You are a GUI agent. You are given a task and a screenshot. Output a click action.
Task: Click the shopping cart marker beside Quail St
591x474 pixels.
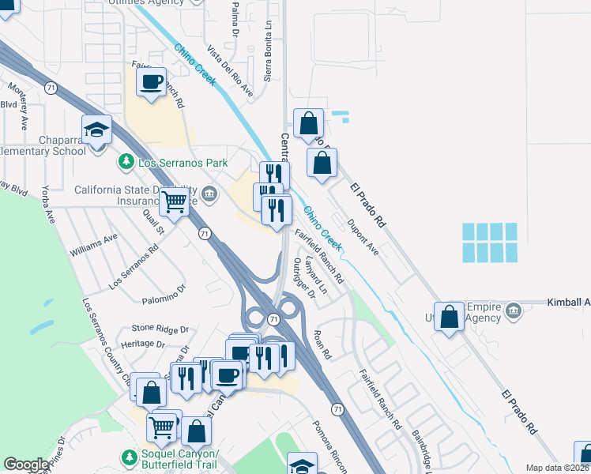click(x=174, y=201)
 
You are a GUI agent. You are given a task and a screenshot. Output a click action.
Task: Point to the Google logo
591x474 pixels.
click(x=27, y=465)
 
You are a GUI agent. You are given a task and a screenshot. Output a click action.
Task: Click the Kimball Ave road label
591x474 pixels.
click(x=569, y=303)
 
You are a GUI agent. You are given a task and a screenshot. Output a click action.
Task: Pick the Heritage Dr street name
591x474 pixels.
click(x=143, y=344)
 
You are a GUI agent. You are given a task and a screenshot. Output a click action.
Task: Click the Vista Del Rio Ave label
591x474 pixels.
click(x=230, y=76)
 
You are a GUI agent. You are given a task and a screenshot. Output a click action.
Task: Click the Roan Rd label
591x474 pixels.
click(x=322, y=344)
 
